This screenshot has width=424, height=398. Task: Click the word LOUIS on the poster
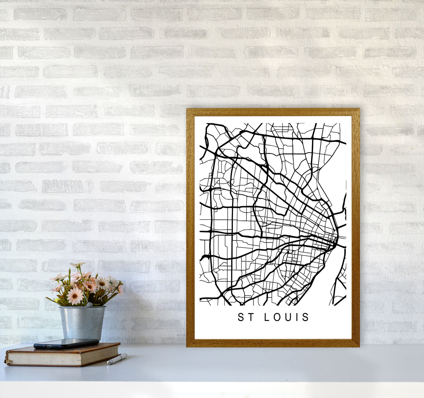287,317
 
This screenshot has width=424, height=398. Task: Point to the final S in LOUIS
306,317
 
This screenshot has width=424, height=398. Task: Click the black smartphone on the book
66,343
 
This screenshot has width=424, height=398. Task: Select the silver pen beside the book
117,359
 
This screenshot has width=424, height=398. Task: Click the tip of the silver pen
108,364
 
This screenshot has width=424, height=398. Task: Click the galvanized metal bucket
82,322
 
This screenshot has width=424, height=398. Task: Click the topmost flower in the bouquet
77,265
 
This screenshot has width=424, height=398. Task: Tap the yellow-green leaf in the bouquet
53,300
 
